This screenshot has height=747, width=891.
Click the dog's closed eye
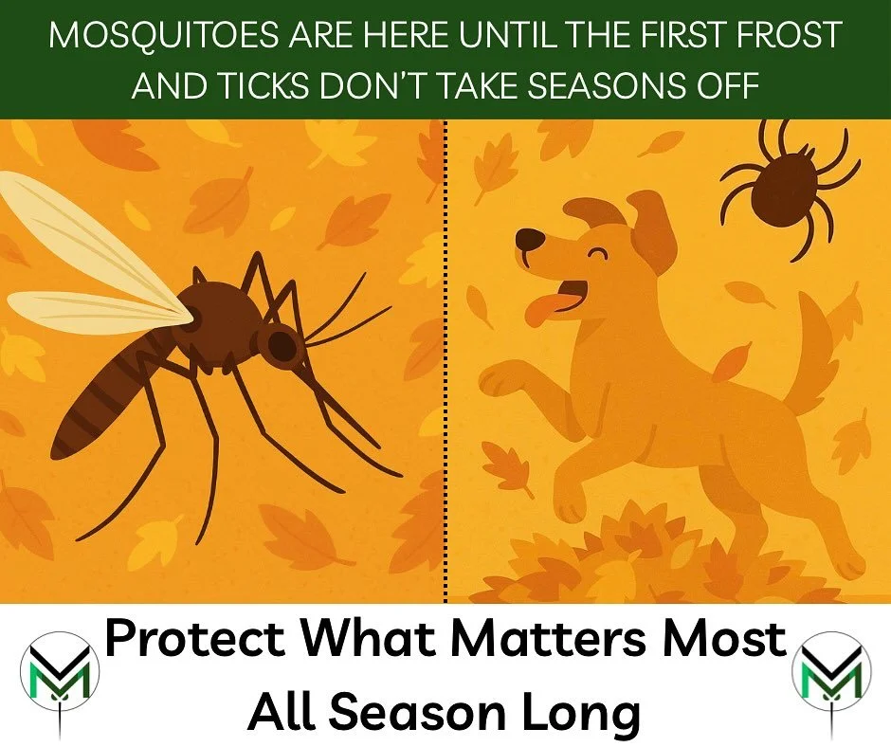coord(597,253)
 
